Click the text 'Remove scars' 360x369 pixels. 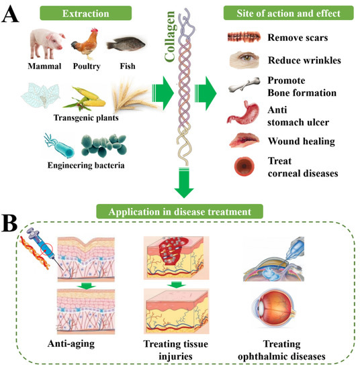click(296, 36)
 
